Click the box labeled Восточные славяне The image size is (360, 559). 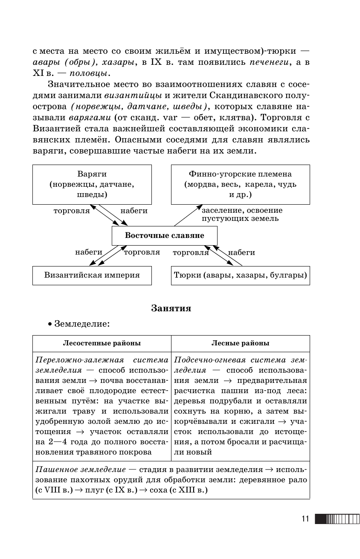[x=164, y=235]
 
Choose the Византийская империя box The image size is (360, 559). [x=92, y=275]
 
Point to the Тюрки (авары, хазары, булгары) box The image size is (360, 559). [x=241, y=275]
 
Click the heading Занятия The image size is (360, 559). [x=171, y=308]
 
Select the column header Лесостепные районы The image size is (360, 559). [x=102, y=343]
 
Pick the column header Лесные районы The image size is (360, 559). [x=241, y=343]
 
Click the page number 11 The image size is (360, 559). [x=305, y=519]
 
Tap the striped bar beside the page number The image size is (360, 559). [x=337, y=519]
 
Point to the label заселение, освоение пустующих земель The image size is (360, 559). [x=242, y=214]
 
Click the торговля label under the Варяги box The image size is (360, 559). [x=72, y=211]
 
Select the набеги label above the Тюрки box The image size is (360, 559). [x=241, y=252]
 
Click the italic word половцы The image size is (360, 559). [x=84, y=73]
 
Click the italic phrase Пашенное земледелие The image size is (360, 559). [x=81, y=469]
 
